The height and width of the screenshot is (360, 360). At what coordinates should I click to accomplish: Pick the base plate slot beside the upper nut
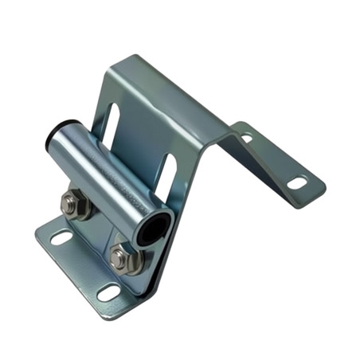coord(61,237)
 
